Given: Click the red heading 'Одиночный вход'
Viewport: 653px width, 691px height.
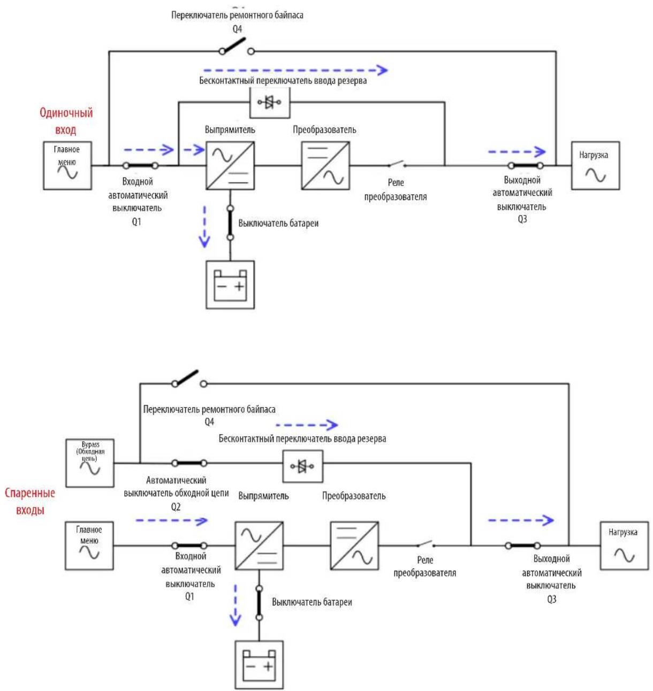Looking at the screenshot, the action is pyautogui.click(x=66, y=121).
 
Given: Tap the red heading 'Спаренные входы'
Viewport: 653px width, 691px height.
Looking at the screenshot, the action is pyautogui.click(x=30, y=501).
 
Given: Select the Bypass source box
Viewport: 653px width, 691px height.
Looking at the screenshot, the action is pyautogui.click(x=90, y=463).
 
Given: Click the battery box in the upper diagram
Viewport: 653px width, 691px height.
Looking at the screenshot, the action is pyautogui.click(x=230, y=285).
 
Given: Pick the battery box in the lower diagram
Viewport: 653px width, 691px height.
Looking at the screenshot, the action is pyautogui.click(x=259, y=665).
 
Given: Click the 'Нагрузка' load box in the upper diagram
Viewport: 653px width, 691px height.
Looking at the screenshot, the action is pyautogui.click(x=596, y=166).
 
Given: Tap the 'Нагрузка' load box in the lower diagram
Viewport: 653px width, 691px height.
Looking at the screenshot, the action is pyautogui.click(x=625, y=546).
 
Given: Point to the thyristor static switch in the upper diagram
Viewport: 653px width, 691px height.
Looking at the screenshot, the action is pyautogui.click(x=270, y=102).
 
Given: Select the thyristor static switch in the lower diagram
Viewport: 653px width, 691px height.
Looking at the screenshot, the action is pyautogui.click(x=302, y=466).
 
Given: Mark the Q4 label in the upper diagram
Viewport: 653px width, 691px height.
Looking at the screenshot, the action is pyautogui.click(x=237, y=29).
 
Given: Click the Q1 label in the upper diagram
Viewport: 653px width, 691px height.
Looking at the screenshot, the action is pyautogui.click(x=136, y=221).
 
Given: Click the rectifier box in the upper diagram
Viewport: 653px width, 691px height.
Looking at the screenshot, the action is pyautogui.click(x=230, y=166).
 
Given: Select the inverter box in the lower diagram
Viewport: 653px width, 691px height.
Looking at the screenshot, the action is pyautogui.click(x=354, y=546).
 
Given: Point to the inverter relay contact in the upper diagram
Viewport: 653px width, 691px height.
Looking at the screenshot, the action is pyautogui.click(x=397, y=164).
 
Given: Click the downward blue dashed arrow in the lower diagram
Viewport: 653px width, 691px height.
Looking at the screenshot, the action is pyautogui.click(x=236, y=605).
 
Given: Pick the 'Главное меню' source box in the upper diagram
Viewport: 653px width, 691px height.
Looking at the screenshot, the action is pyautogui.click(x=67, y=166).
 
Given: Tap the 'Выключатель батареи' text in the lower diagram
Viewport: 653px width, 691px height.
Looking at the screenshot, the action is pyautogui.click(x=312, y=602).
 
